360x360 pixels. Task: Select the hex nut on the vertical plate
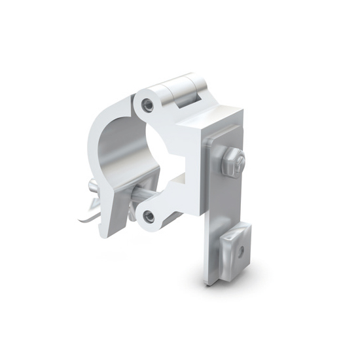(x=231, y=161)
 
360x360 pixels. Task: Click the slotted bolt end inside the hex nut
(x=240, y=160)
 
